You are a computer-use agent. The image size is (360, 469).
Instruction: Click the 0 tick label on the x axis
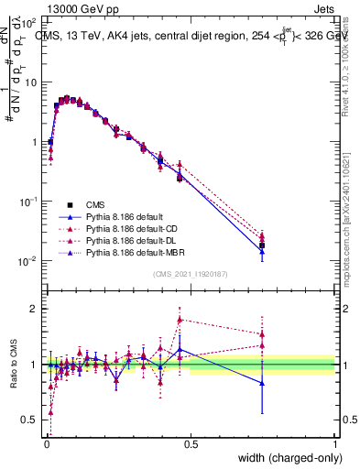click(x=46, y=444)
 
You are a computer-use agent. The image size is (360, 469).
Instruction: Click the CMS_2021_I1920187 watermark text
click(x=191, y=274)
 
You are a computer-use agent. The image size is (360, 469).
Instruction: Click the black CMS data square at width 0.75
click(x=262, y=245)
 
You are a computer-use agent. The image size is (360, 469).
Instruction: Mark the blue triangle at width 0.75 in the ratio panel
click(x=262, y=383)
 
